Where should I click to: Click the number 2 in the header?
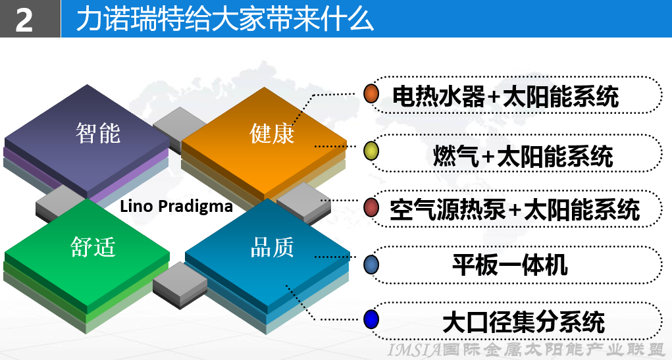[24, 20]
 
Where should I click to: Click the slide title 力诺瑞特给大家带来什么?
[224, 19]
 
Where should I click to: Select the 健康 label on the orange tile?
[272, 133]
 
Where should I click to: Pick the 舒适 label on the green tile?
[93, 247]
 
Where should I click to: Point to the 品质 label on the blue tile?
[272, 247]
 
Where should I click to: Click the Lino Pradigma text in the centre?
[176, 206]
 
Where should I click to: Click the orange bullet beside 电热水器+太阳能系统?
[371, 94]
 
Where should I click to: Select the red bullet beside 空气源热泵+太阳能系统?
[371, 207]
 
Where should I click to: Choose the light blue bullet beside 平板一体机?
[371, 265]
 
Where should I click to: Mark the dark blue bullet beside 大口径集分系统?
[371, 319]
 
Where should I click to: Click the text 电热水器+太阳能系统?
[505, 96]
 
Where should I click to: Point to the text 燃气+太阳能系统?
[523, 155]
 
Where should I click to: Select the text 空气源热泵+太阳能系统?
[514, 209]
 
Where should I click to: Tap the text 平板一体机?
[510, 265]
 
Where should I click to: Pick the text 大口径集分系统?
[523, 321]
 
